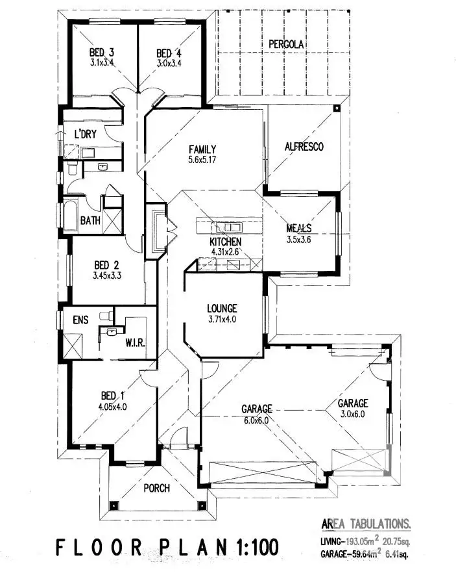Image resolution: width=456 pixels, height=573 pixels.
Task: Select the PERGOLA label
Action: point(287,44)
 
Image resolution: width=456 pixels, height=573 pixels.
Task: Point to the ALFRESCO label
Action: point(304,147)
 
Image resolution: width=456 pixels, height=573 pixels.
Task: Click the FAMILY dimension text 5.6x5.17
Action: point(203,159)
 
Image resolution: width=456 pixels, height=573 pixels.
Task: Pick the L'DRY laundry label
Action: point(85,134)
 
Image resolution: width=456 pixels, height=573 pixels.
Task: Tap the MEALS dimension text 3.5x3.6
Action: point(299,238)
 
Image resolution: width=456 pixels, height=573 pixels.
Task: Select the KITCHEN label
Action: point(226,242)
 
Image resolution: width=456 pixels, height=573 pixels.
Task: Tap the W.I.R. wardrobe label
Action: point(135,342)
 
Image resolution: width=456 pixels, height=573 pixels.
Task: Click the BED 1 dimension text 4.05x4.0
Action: point(112,407)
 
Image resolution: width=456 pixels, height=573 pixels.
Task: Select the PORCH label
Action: point(156,488)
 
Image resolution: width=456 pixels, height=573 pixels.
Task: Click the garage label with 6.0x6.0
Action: point(256,409)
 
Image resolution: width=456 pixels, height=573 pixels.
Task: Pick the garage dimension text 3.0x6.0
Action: point(352,413)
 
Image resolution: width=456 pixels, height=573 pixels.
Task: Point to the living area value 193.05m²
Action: point(370,541)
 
